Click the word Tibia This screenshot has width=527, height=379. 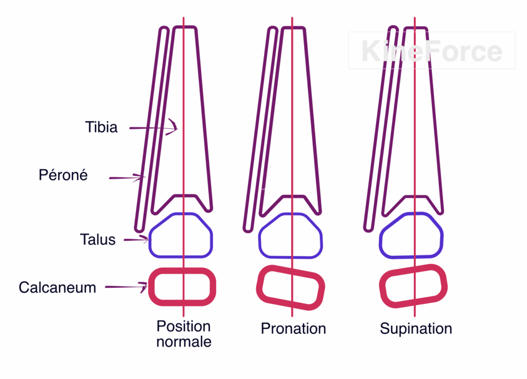click(101, 127)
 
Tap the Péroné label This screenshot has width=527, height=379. click(63, 175)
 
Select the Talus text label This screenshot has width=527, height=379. click(98, 239)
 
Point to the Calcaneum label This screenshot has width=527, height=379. click(57, 287)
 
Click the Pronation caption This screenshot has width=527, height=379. click(293, 329)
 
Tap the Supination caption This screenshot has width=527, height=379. click(416, 329)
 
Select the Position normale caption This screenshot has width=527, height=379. click(184, 334)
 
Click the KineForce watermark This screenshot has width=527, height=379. click(431, 51)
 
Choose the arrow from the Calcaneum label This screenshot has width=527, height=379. click(126, 287)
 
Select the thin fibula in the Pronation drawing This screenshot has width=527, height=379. click(260, 129)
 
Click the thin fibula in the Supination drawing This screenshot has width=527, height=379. click(381, 129)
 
